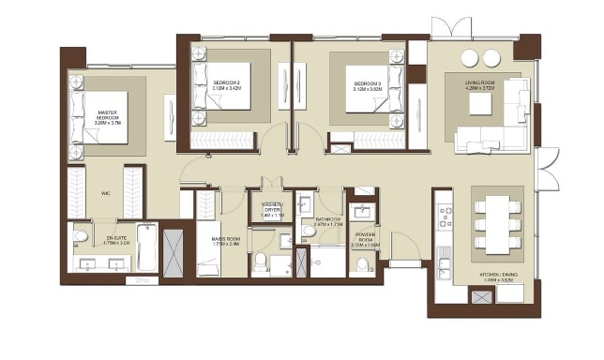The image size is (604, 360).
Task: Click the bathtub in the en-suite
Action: (146, 247)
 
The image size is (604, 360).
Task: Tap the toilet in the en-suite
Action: (81, 235)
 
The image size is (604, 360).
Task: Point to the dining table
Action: (496, 223)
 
